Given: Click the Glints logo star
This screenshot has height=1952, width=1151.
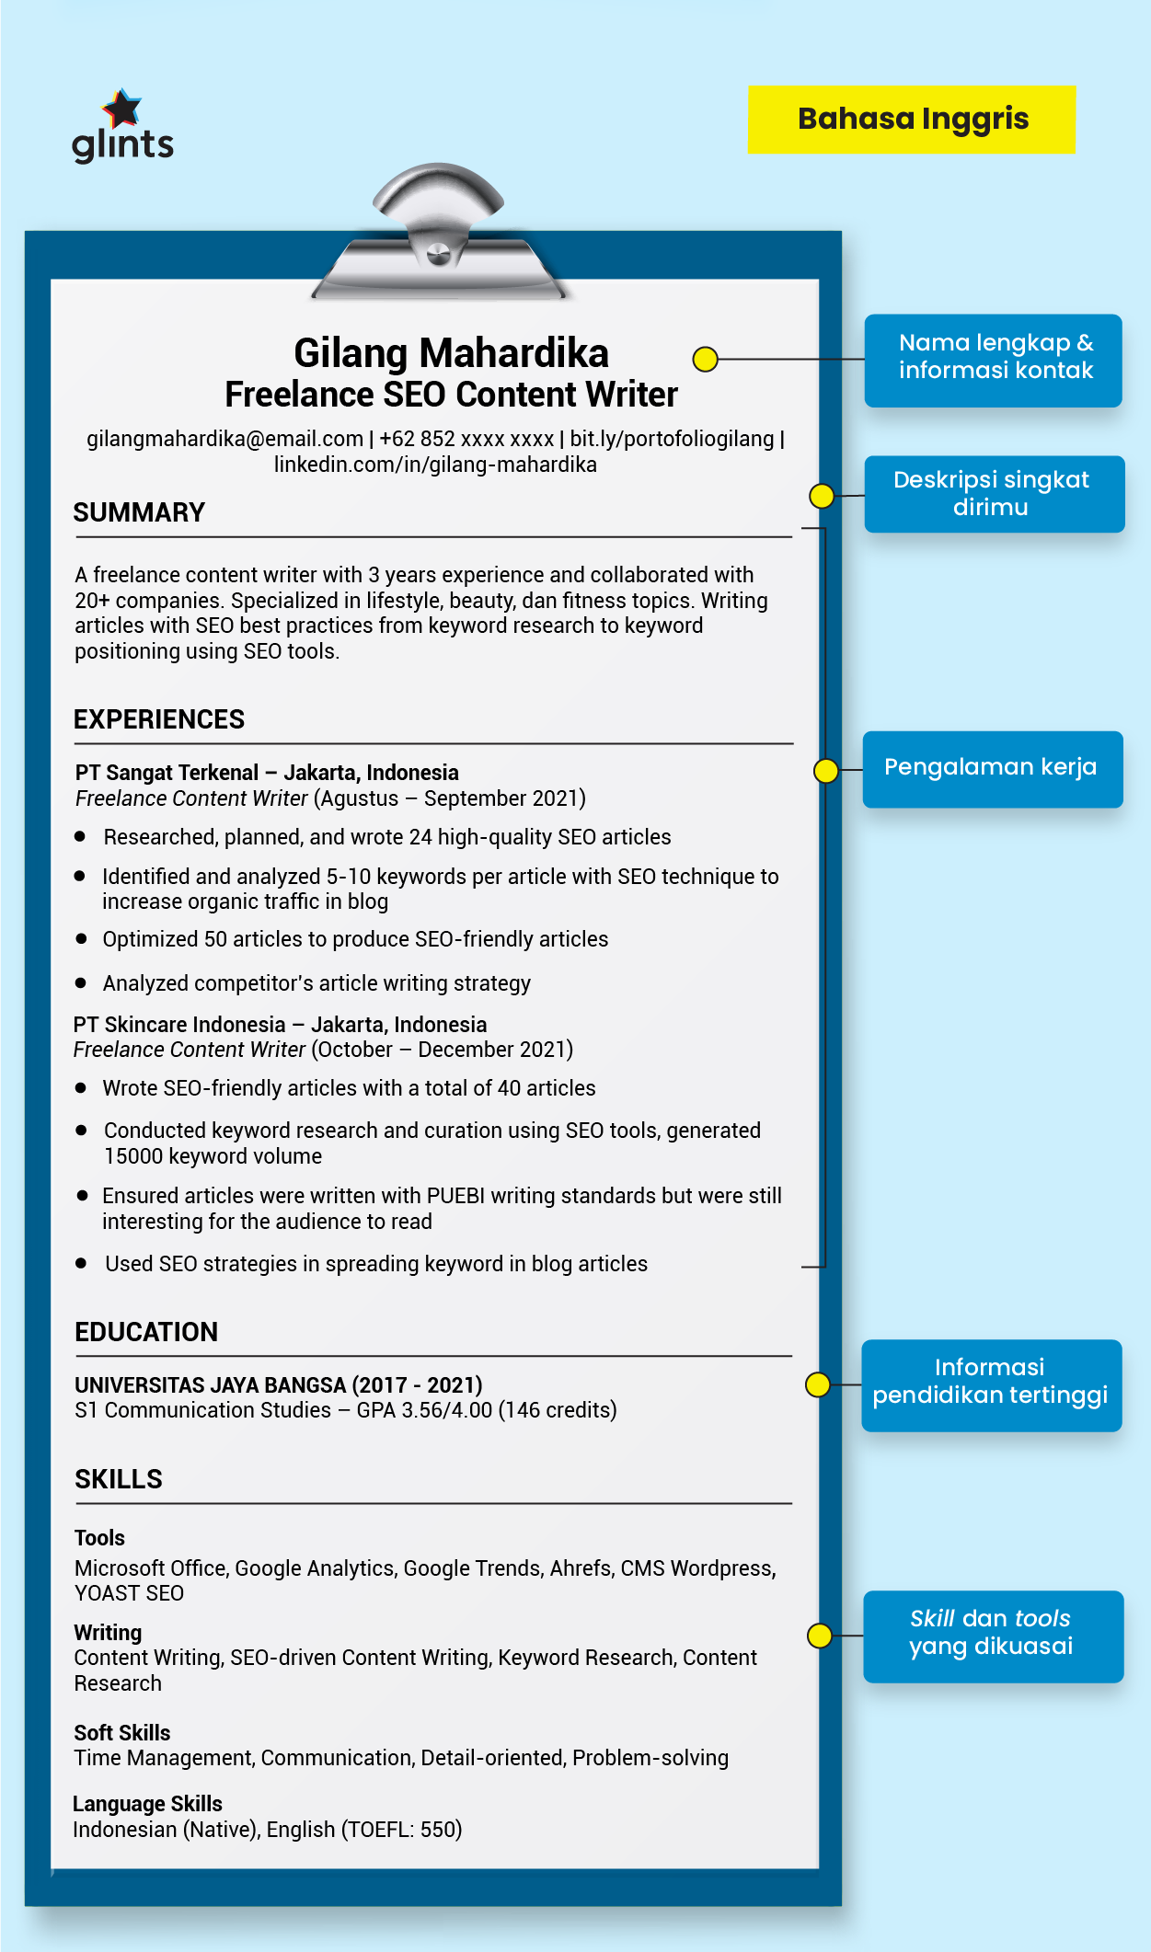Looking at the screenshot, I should [x=121, y=109].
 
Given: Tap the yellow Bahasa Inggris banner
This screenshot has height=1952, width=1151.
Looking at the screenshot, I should [x=911, y=120].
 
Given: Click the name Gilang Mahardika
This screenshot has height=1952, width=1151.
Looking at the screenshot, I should [x=451, y=353].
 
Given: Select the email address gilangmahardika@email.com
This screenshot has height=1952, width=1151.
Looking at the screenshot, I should [x=224, y=439].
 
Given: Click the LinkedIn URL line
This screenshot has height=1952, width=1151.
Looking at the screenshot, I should [x=435, y=465].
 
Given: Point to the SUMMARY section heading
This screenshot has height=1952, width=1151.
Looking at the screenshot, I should [x=139, y=512].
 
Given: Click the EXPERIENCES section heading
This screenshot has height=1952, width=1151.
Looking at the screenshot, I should [x=159, y=719].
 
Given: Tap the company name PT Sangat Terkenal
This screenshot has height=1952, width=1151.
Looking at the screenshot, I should [x=167, y=773].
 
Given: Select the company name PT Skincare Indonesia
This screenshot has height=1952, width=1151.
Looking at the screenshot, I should [x=179, y=1025].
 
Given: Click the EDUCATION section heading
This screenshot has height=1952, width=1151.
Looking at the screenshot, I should [x=146, y=1332].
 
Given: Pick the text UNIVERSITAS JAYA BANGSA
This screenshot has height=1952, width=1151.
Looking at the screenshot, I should [x=210, y=1385].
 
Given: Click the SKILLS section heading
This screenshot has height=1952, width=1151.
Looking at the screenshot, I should [x=119, y=1479].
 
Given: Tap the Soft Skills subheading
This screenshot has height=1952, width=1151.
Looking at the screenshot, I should [x=122, y=1733].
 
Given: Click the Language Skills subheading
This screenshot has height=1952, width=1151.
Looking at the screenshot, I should [x=147, y=1804].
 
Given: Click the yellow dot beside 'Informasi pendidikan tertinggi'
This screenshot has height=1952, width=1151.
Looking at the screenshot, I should [x=817, y=1384].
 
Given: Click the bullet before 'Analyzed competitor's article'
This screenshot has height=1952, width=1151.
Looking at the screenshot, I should [x=81, y=983].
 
